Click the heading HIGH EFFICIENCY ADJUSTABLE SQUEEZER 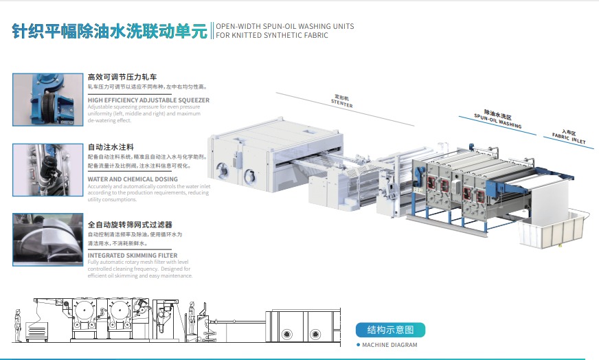click(148, 100)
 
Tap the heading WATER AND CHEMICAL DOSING click(133, 179)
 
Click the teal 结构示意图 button click(390, 330)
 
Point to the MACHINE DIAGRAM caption click(389, 345)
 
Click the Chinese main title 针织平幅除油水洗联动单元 click(110, 31)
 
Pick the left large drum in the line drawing click(87, 313)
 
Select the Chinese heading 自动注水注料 click(111, 147)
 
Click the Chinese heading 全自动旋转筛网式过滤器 click(130, 225)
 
